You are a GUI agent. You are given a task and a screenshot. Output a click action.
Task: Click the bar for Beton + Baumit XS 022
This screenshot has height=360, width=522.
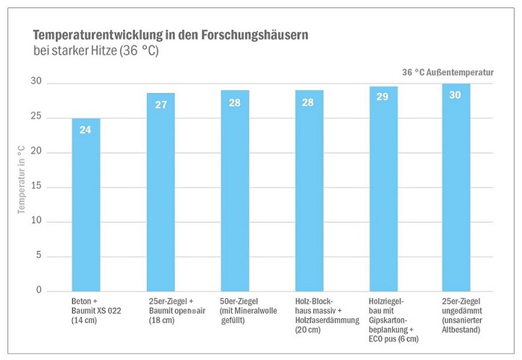[x=86, y=205]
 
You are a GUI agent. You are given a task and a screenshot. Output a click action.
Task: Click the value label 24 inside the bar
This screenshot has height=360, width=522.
[x=86, y=129]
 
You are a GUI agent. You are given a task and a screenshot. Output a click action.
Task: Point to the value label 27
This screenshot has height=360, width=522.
[x=160, y=104]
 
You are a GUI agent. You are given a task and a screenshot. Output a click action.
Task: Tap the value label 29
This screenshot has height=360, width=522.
[x=383, y=98]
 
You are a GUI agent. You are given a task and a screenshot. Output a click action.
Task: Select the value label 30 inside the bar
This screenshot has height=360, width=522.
[x=456, y=95]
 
